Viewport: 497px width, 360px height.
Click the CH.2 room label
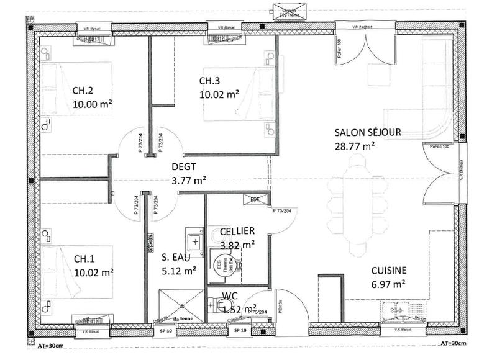point(83,89)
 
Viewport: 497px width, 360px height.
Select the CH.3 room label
point(209,81)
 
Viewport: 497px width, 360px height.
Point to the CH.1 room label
point(83,258)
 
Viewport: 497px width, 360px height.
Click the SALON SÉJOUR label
point(368,132)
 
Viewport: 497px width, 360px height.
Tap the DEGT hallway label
point(184,166)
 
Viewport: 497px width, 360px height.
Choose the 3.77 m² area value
point(189,181)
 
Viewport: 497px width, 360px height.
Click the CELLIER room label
point(237,231)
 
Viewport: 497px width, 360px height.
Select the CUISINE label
point(389,270)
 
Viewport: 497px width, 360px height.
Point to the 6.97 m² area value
point(388,284)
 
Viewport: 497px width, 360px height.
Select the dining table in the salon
point(358,205)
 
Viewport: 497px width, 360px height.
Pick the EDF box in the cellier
point(254,199)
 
